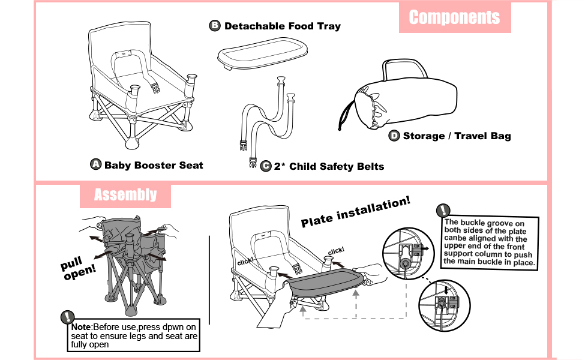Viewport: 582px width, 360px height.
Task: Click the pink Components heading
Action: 454,17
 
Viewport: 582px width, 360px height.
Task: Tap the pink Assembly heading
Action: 125,195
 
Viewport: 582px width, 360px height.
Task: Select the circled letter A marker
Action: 95,164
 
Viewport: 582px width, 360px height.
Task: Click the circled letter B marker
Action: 215,26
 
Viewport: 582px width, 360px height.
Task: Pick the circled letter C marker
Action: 266,166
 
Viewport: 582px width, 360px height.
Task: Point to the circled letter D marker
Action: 394,136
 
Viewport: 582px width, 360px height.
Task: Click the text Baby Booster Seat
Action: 154,165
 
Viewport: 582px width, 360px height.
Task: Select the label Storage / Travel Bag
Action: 457,136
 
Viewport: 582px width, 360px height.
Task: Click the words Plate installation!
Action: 356,212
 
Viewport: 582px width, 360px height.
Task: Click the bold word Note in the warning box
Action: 80,326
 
